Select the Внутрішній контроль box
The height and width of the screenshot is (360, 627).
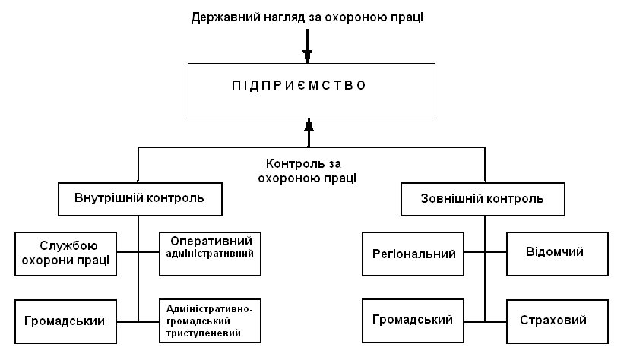pos(138,200)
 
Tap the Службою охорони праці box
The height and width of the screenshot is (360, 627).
pos(64,253)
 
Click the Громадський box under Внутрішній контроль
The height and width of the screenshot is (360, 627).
pos(64,321)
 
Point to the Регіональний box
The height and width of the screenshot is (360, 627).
pos(414,254)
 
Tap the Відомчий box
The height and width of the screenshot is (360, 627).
pos(556,253)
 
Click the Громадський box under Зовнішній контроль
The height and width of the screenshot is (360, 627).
pos(413,320)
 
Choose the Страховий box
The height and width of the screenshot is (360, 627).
pos(554,321)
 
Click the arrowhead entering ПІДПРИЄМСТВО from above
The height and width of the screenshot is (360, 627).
pos(307,55)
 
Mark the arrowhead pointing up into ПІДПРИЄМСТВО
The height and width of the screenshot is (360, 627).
pos(309,126)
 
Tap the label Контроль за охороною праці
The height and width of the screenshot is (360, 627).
pos(307,171)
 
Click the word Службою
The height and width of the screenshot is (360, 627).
pos(64,245)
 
